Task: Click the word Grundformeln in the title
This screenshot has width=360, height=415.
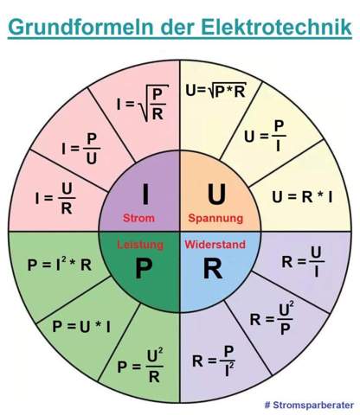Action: point(80,26)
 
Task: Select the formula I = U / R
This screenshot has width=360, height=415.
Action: point(55,198)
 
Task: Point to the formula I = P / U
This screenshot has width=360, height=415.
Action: point(80,149)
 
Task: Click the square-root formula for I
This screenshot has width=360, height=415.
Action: point(143,103)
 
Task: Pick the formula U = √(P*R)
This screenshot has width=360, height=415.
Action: point(215,91)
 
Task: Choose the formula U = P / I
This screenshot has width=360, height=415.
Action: point(265,136)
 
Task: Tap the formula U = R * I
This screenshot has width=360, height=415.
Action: point(302,197)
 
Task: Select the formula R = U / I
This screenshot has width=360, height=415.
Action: point(303,262)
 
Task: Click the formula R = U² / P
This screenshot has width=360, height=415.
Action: point(272,318)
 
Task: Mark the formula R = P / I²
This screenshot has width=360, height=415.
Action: point(214,361)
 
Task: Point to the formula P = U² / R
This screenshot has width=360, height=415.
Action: point(140,366)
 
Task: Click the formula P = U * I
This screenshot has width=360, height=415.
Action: point(81,327)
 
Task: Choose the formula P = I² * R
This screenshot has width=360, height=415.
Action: point(60,265)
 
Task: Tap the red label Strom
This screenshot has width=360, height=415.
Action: point(138,218)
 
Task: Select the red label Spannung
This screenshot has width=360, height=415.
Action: point(215,218)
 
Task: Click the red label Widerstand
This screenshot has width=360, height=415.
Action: point(215,245)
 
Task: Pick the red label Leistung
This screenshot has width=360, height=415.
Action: point(140,245)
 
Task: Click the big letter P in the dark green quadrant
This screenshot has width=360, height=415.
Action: point(144,268)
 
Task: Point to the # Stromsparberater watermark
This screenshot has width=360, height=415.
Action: point(309,405)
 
